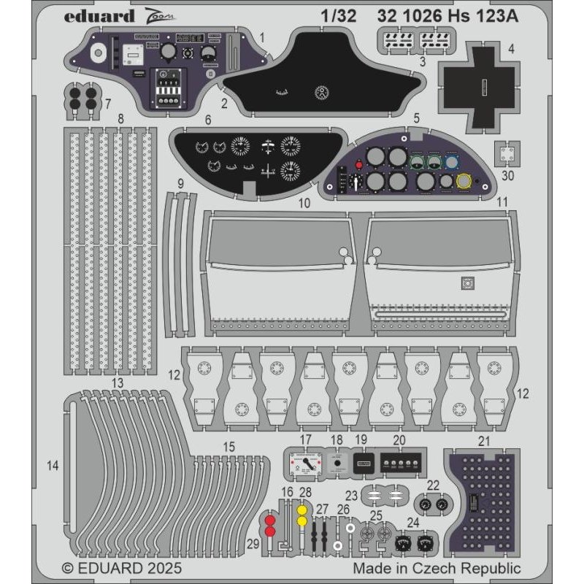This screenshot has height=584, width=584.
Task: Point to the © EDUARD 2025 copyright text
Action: tap(121, 567)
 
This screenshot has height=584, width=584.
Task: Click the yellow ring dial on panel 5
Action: tap(462, 182)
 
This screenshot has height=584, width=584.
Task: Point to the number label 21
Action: tap(483, 440)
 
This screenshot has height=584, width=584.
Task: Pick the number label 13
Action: tap(117, 383)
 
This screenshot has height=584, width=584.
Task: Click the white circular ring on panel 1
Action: tap(98, 52)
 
